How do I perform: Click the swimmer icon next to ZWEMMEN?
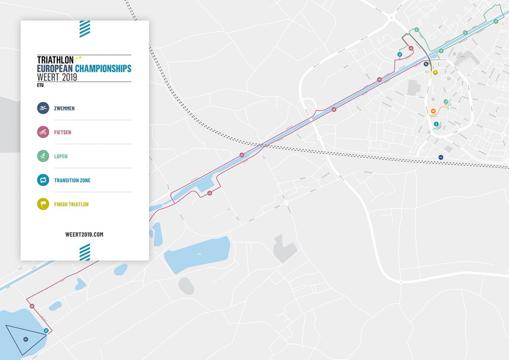(43, 108)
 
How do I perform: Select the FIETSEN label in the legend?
(62, 132)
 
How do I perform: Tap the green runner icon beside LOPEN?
(43, 156)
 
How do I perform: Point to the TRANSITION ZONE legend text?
(72, 180)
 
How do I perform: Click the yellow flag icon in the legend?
(43, 204)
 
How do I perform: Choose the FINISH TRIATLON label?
(71, 205)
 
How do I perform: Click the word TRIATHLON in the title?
(55, 60)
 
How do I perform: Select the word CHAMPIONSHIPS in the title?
(103, 69)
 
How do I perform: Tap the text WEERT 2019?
(57, 77)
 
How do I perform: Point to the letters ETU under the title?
(40, 85)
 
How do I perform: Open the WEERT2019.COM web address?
(84, 234)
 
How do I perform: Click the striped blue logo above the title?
(85, 29)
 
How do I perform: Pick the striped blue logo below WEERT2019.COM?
(85, 252)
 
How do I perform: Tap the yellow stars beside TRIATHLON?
(78, 58)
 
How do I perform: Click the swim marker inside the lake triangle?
(26, 339)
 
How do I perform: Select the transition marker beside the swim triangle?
(46, 331)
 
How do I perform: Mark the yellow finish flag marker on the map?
(435, 72)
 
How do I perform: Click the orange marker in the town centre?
(433, 111)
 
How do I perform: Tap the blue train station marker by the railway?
(441, 157)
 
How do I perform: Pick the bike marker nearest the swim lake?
(32, 306)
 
